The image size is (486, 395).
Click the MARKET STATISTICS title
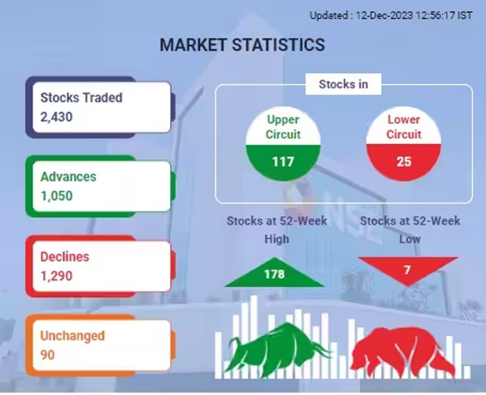(242, 45)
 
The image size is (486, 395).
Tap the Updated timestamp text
(391, 15)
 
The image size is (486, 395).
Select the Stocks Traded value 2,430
(57, 117)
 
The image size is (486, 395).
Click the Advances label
(68, 176)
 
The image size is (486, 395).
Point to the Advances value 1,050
(57, 196)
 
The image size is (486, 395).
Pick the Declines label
(65, 256)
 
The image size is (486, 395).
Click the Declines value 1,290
(57, 275)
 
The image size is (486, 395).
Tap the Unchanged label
(72, 335)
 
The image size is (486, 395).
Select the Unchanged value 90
(47, 355)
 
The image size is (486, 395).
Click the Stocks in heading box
(343, 84)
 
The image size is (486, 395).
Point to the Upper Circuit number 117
(283, 161)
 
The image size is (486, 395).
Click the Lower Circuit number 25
(404, 161)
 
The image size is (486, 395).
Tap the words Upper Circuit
(283, 127)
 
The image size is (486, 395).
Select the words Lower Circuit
(404, 127)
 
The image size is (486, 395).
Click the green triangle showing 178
(274, 273)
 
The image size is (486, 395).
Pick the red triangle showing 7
(408, 268)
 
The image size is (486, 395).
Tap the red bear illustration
(403, 353)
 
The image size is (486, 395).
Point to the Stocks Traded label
(81, 97)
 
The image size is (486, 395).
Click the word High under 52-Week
(277, 239)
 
